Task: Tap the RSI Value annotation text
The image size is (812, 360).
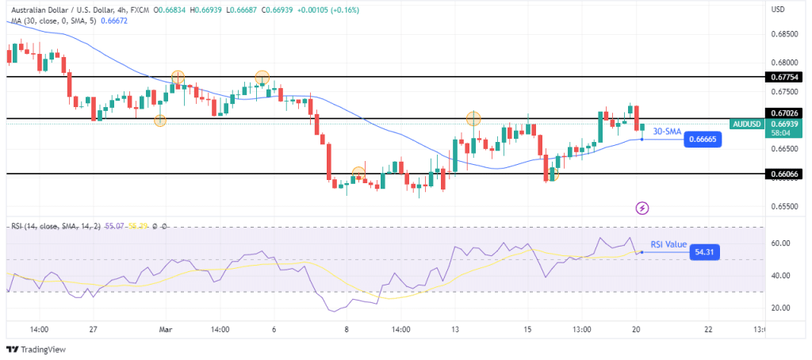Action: point(668,245)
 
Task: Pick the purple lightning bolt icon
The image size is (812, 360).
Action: point(642,209)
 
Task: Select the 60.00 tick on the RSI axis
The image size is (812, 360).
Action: point(781,243)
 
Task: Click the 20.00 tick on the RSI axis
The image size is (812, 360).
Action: point(781,308)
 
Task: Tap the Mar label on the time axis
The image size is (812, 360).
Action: point(165,330)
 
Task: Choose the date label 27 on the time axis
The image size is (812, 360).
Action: point(93,330)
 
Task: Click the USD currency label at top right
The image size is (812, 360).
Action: point(779,10)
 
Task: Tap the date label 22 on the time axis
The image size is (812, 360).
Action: point(708,330)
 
